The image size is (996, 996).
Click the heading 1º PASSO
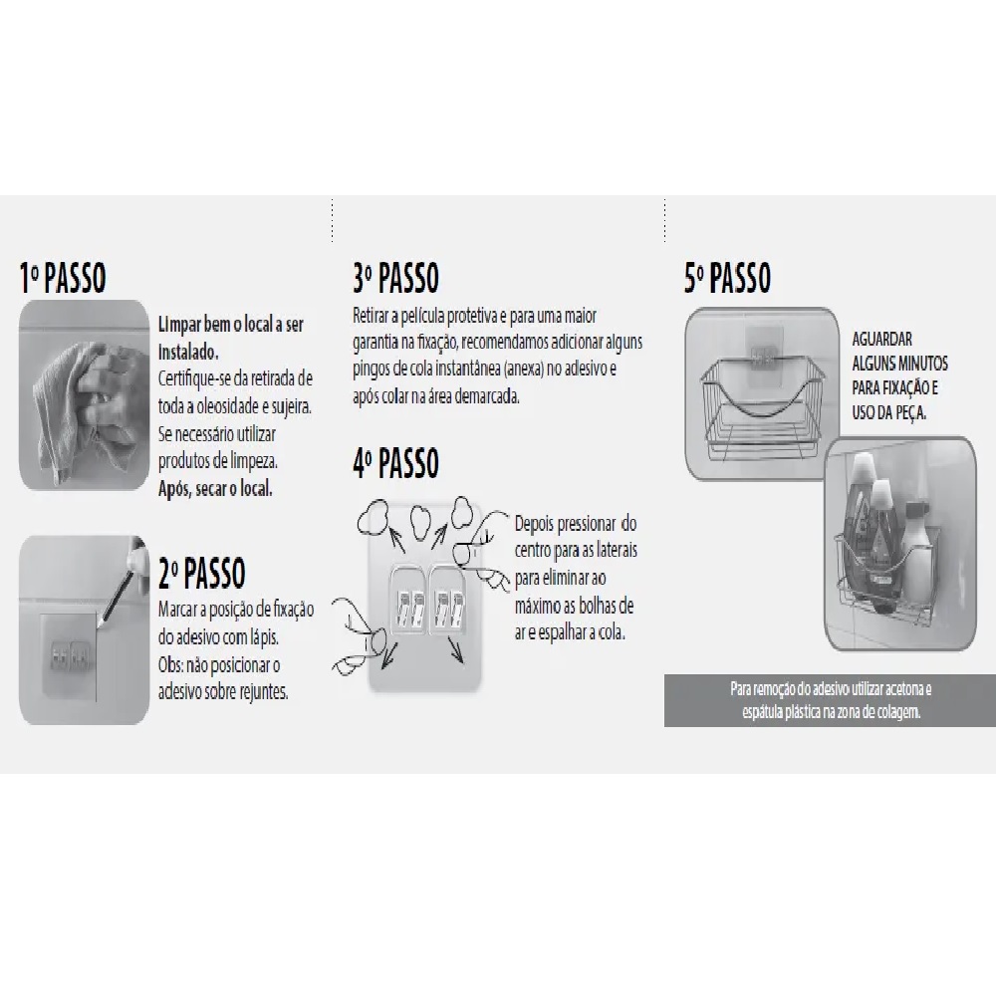tap(63, 278)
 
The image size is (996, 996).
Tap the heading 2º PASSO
tap(202, 573)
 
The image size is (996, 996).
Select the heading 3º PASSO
tap(395, 278)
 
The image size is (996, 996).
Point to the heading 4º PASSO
tap(395, 462)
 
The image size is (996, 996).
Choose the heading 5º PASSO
tap(728, 278)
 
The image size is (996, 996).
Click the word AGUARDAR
tap(881, 339)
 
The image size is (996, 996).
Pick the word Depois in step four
tap(533, 524)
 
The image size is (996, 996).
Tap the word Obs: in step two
tap(171, 664)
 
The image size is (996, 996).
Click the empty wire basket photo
tap(762, 392)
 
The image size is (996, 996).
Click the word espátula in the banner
tap(762, 712)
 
